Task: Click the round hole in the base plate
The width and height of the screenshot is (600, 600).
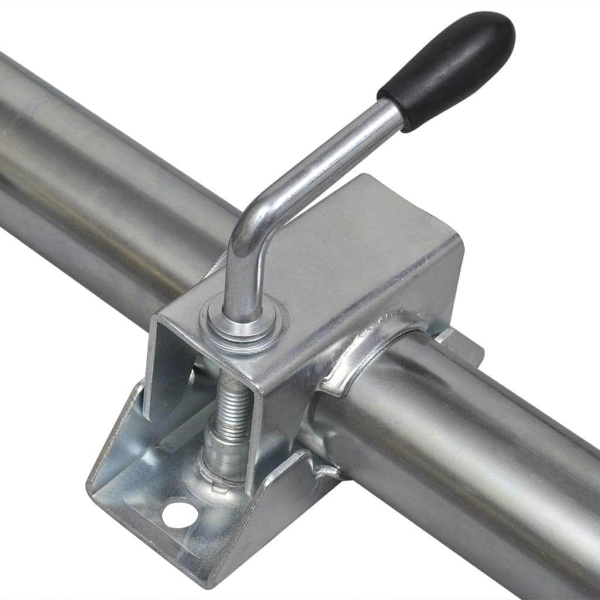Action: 178,513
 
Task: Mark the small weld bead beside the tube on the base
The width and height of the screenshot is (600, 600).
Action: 325,469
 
